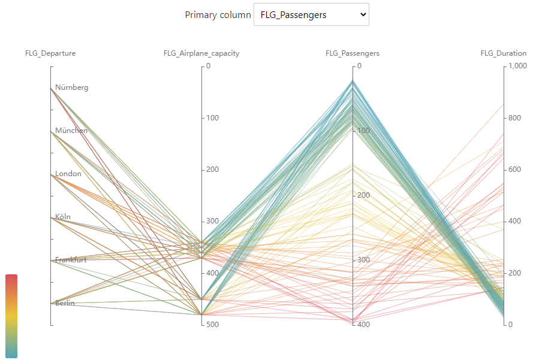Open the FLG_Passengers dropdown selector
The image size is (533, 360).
[311, 15]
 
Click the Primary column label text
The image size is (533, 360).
[218, 15]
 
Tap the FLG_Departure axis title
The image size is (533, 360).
[50, 53]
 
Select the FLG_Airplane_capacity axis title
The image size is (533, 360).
[201, 53]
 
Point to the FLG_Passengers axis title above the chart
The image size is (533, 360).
[353, 53]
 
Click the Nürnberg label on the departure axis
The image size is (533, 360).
[72, 87]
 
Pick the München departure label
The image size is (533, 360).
[71, 131]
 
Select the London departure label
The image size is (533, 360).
[68, 174]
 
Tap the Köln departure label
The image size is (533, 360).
[63, 217]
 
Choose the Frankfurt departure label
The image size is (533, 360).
[71, 260]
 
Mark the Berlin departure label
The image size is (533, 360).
[65, 303]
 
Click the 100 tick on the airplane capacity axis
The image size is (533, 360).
[212, 117]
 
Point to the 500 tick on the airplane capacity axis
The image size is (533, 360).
[212, 325]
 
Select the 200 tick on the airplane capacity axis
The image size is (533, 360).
[212, 170]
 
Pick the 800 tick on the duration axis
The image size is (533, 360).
[515, 118]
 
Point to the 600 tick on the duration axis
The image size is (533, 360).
[515, 170]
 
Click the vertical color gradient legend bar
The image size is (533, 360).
[11, 316]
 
